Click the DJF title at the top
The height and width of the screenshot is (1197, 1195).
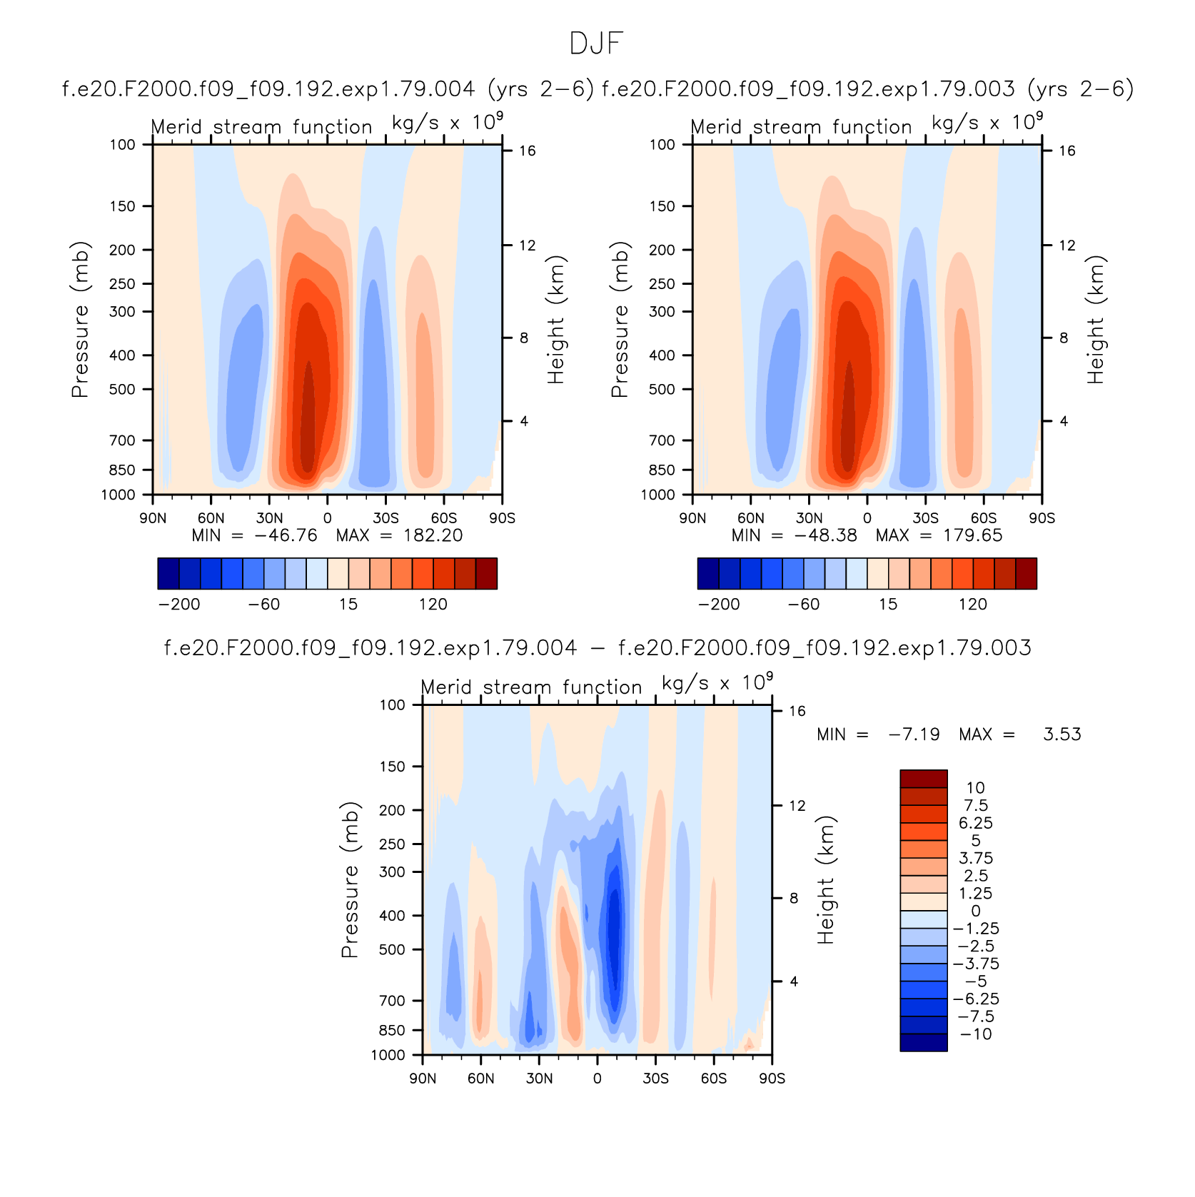click(x=597, y=44)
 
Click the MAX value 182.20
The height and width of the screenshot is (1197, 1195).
click(x=433, y=535)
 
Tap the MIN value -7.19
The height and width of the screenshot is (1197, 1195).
click(x=914, y=734)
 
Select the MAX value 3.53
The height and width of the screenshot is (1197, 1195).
click(x=1062, y=734)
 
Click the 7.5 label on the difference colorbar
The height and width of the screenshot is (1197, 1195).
click(x=976, y=805)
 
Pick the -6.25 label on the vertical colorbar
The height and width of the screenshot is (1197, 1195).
click(x=976, y=999)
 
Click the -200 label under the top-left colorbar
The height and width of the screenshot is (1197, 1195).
click(x=179, y=605)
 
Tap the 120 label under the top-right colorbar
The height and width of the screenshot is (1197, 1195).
click(x=972, y=605)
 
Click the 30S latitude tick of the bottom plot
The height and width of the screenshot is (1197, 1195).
click(x=655, y=1078)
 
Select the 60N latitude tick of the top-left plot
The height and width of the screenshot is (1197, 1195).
click(x=211, y=518)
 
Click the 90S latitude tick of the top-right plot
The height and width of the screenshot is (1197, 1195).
click(x=1042, y=518)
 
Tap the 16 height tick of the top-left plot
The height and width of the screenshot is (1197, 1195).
click(x=527, y=151)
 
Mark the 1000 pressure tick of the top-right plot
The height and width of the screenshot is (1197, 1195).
click(x=657, y=495)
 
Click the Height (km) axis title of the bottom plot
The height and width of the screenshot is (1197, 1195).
click(x=826, y=879)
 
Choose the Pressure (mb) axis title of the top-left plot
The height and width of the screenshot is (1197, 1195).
click(x=80, y=319)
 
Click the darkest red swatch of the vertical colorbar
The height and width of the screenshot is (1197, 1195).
click(x=924, y=779)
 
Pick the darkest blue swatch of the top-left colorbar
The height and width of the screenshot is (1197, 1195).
click(x=168, y=574)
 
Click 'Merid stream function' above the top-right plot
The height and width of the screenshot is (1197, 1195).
click(x=801, y=127)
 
